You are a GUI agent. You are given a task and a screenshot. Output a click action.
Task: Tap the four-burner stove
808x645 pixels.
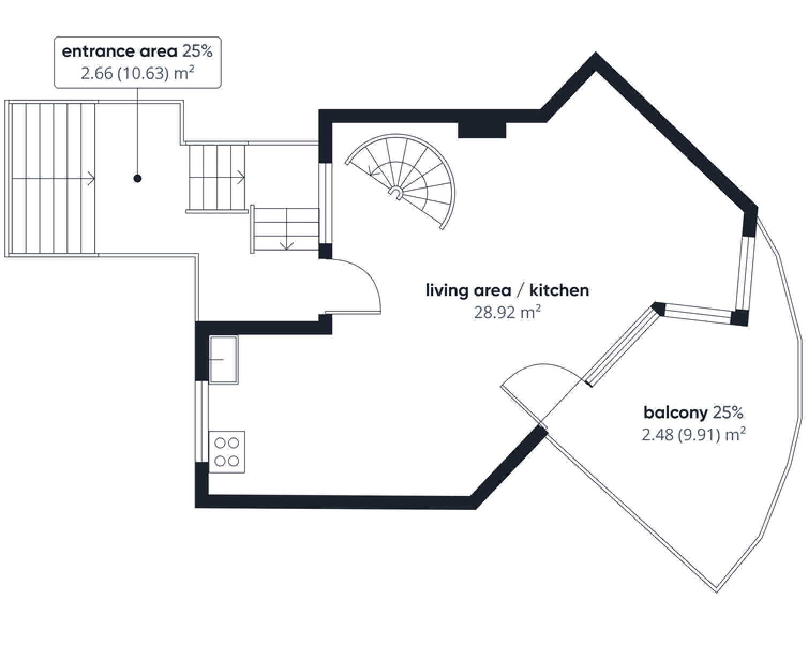pyautogui.click(x=227, y=452)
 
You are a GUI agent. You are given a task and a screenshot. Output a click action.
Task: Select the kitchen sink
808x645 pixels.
pyautogui.click(x=223, y=359)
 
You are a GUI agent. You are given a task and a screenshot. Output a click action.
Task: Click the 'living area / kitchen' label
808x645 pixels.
pyautogui.click(x=507, y=290)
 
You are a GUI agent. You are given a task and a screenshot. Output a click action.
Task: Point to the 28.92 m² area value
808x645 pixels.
pyautogui.click(x=507, y=312)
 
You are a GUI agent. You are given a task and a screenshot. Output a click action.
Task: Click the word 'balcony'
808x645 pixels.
pyautogui.click(x=675, y=413)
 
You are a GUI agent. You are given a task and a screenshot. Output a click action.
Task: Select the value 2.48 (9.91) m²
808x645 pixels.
pyautogui.click(x=693, y=435)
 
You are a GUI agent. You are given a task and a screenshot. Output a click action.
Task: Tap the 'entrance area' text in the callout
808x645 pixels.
pyautogui.click(x=119, y=51)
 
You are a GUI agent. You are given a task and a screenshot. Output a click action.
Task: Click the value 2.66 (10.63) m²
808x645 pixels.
pyautogui.click(x=137, y=73)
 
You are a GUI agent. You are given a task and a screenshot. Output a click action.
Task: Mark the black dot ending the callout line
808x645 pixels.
pyautogui.click(x=137, y=179)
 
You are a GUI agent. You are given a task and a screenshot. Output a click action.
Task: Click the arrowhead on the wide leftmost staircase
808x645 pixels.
pyautogui.click(x=92, y=178)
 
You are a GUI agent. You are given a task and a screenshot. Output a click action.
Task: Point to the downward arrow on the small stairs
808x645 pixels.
pyautogui.click(x=287, y=246)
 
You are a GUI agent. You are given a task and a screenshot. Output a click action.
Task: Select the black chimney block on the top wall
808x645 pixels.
pyautogui.click(x=482, y=130)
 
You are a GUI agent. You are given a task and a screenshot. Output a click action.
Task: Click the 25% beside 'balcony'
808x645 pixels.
pyautogui.click(x=728, y=412)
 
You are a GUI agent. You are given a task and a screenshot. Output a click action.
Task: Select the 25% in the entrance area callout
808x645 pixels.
pyautogui.click(x=198, y=51)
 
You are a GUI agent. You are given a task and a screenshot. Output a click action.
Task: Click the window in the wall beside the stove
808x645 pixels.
pyautogui.click(x=202, y=422)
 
